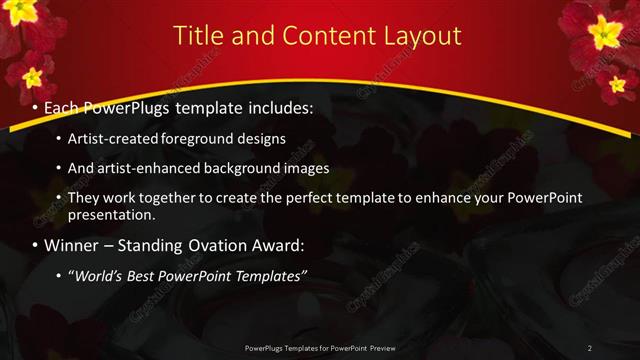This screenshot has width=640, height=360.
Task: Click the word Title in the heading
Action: click(x=200, y=36)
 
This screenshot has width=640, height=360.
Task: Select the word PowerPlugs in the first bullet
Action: click(x=129, y=106)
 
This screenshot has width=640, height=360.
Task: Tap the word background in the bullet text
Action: click(x=241, y=168)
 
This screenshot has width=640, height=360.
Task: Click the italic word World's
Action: click(x=98, y=275)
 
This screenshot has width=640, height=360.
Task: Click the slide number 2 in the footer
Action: click(x=589, y=347)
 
